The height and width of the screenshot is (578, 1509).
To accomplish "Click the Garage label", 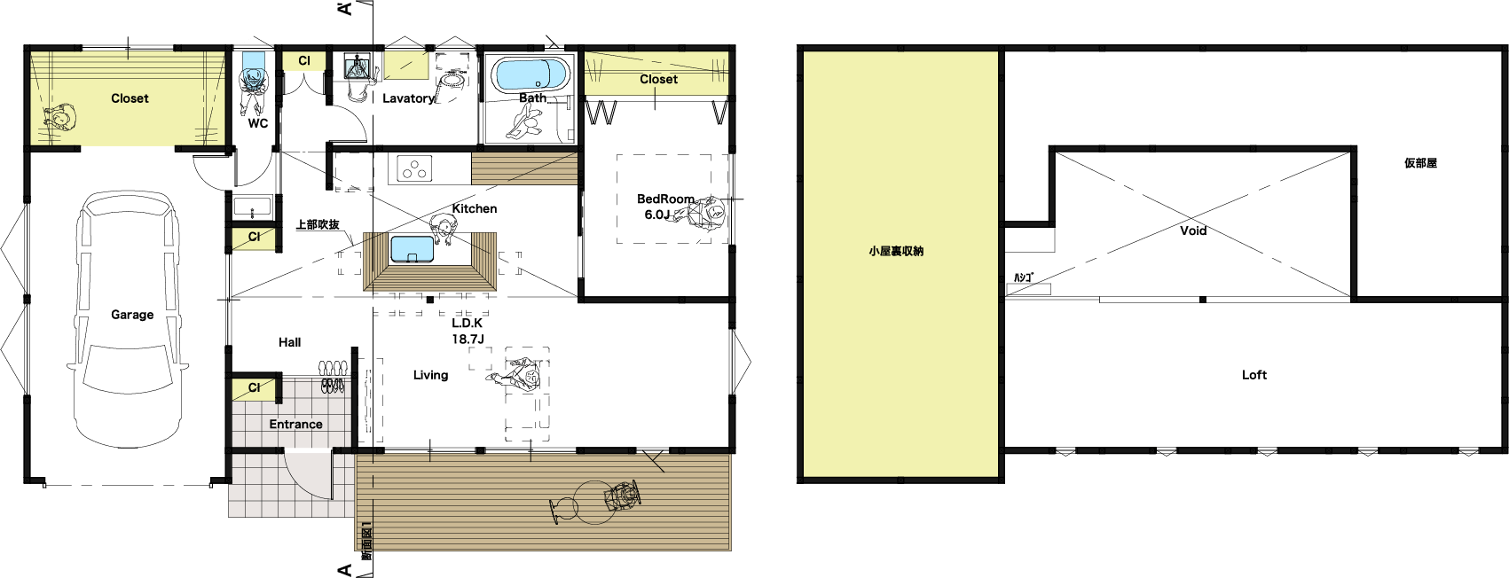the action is pyautogui.click(x=132, y=314).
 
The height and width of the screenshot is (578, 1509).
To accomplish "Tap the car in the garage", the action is pyautogui.click(x=128, y=320).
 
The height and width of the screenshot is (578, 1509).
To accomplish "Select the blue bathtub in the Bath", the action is pyautogui.click(x=531, y=74).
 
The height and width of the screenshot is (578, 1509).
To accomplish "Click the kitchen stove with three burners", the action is pyautogui.click(x=413, y=168).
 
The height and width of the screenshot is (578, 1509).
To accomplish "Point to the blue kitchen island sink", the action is pyautogui.click(x=413, y=249).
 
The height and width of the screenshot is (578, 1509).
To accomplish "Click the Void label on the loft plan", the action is pyautogui.click(x=1193, y=230).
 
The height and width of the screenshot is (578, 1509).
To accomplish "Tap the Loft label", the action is pyautogui.click(x=1254, y=375).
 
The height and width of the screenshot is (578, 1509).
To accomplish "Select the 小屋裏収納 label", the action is pyautogui.click(x=896, y=251).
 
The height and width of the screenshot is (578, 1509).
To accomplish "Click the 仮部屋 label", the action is pyautogui.click(x=1421, y=163).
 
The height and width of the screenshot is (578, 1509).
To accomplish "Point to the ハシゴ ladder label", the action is pyautogui.click(x=1023, y=277).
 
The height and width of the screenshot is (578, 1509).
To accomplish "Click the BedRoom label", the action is pyautogui.click(x=665, y=199).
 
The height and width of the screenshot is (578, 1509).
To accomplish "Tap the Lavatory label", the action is pyautogui.click(x=408, y=98).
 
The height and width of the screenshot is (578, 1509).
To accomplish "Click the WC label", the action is pyautogui.click(x=258, y=123).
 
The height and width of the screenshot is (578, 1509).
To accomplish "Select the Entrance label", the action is pyautogui.click(x=295, y=424).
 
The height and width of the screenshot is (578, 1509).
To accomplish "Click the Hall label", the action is pyautogui.click(x=290, y=342).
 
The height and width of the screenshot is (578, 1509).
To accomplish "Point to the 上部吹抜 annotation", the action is pyautogui.click(x=318, y=224).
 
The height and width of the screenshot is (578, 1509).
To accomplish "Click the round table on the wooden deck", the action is pyautogui.click(x=593, y=502).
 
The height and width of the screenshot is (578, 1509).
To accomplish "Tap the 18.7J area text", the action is pyautogui.click(x=468, y=340).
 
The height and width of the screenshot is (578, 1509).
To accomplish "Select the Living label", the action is pyautogui.click(x=430, y=375).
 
